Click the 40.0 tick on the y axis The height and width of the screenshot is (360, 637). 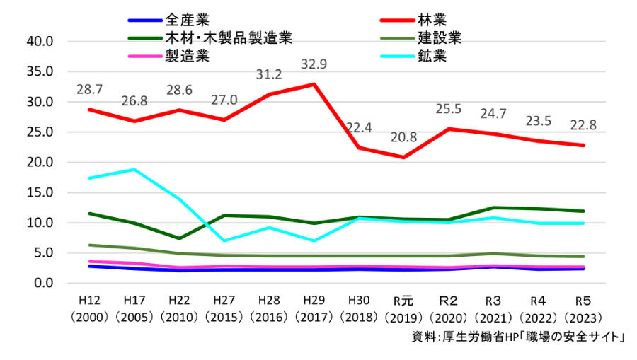[x=40, y=42]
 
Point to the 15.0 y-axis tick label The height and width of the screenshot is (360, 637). [x=40, y=192]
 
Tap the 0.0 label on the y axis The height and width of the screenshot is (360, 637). [x=43, y=283]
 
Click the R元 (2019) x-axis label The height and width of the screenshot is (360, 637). [x=403, y=309]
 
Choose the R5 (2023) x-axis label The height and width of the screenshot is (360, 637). [x=583, y=309]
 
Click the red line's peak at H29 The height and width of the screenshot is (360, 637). [x=314, y=84]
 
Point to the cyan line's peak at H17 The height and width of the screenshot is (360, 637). [x=134, y=170]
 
